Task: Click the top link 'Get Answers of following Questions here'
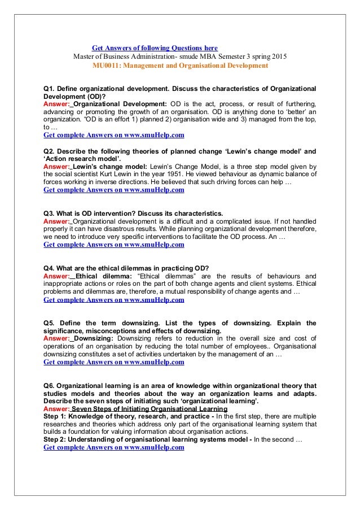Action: pos(155,48)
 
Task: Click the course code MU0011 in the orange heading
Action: pos(106,66)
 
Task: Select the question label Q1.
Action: pos(49,89)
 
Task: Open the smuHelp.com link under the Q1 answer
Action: pos(113,136)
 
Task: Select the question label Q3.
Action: pos(49,213)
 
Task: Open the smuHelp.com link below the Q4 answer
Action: pos(113,299)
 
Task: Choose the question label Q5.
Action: pos(49,322)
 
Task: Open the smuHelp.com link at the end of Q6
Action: pos(113,448)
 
